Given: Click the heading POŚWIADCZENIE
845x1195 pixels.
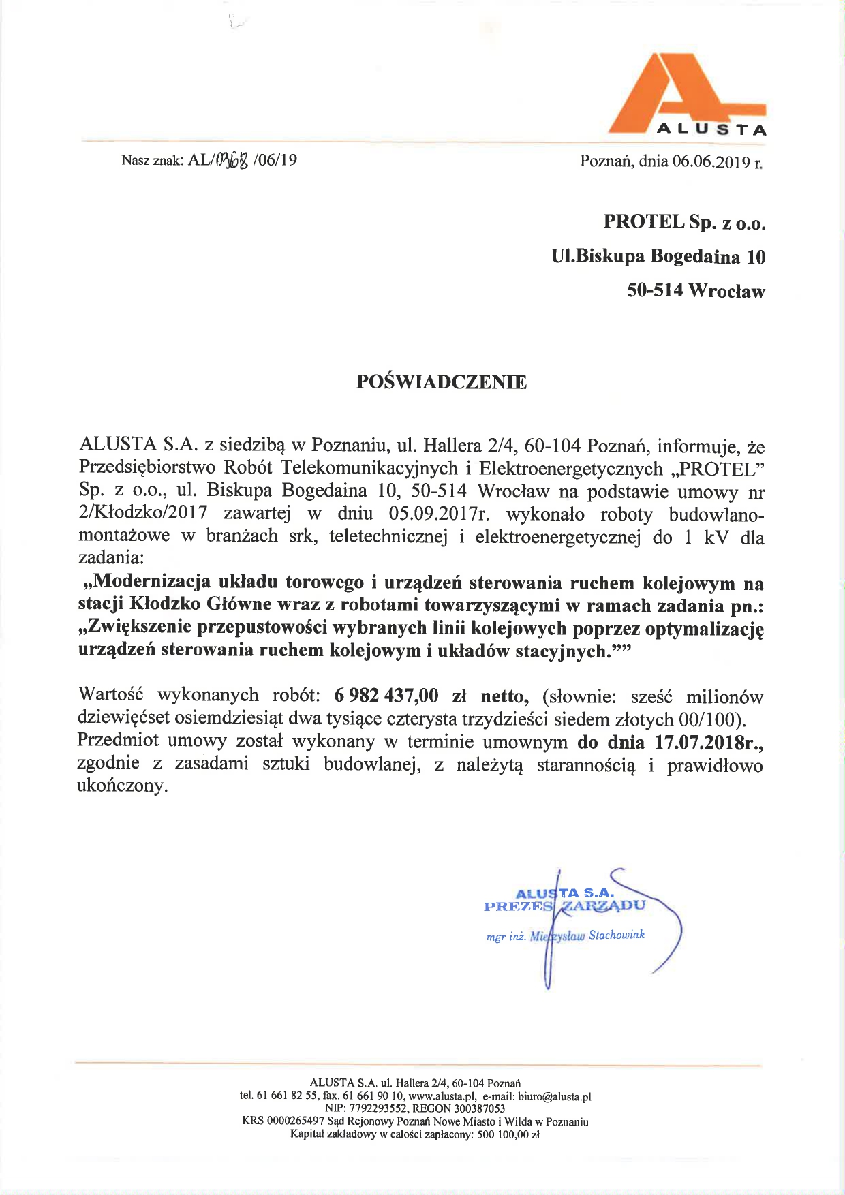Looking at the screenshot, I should click(x=441, y=382).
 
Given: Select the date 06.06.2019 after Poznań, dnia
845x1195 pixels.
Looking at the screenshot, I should click(x=711, y=161).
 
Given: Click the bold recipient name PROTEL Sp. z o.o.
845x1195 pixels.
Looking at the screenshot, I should click(x=684, y=222).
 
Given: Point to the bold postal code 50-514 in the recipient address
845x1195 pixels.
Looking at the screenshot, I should click(x=655, y=292).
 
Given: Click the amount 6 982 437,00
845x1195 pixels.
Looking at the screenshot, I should click(x=386, y=696).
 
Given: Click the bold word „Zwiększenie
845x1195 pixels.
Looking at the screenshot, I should click(x=135, y=627).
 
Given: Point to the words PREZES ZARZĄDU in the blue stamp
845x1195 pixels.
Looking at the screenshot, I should click(x=564, y=906).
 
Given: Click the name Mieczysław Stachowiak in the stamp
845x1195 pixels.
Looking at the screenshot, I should click(x=587, y=935).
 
